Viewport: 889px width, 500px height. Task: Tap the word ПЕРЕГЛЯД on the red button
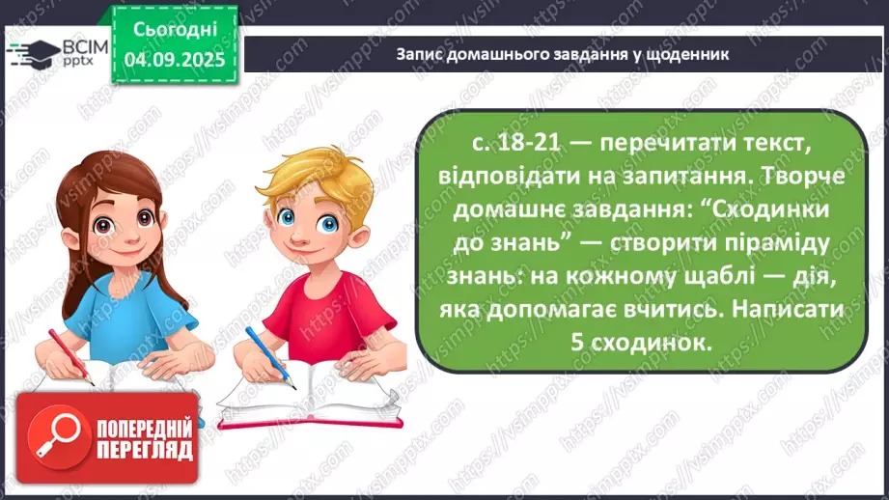[x=143, y=451]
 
